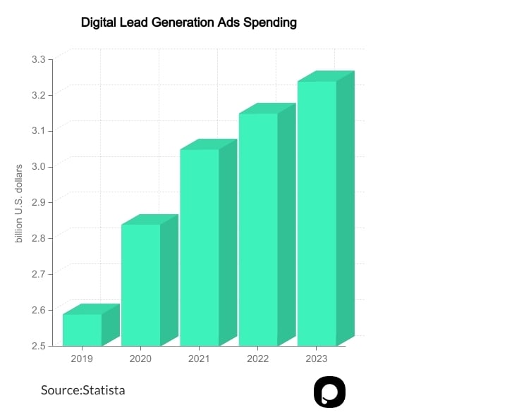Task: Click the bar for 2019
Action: (x=83, y=330)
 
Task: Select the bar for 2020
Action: (x=141, y=285)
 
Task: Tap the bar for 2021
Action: (x=200, y=247)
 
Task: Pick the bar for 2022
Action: (x=258, y=229)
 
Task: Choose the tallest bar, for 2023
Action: (x=317, y=213)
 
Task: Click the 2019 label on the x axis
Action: (x=82, y=359)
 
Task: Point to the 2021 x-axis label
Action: (x=199, y=359)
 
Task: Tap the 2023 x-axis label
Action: (x=316, y=359)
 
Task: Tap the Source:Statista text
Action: (x=83, y=390)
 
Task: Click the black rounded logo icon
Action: (x=329, y=392)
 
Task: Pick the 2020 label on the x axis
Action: (x=140, y=359)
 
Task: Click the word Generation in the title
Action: (x=179, y=23)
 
